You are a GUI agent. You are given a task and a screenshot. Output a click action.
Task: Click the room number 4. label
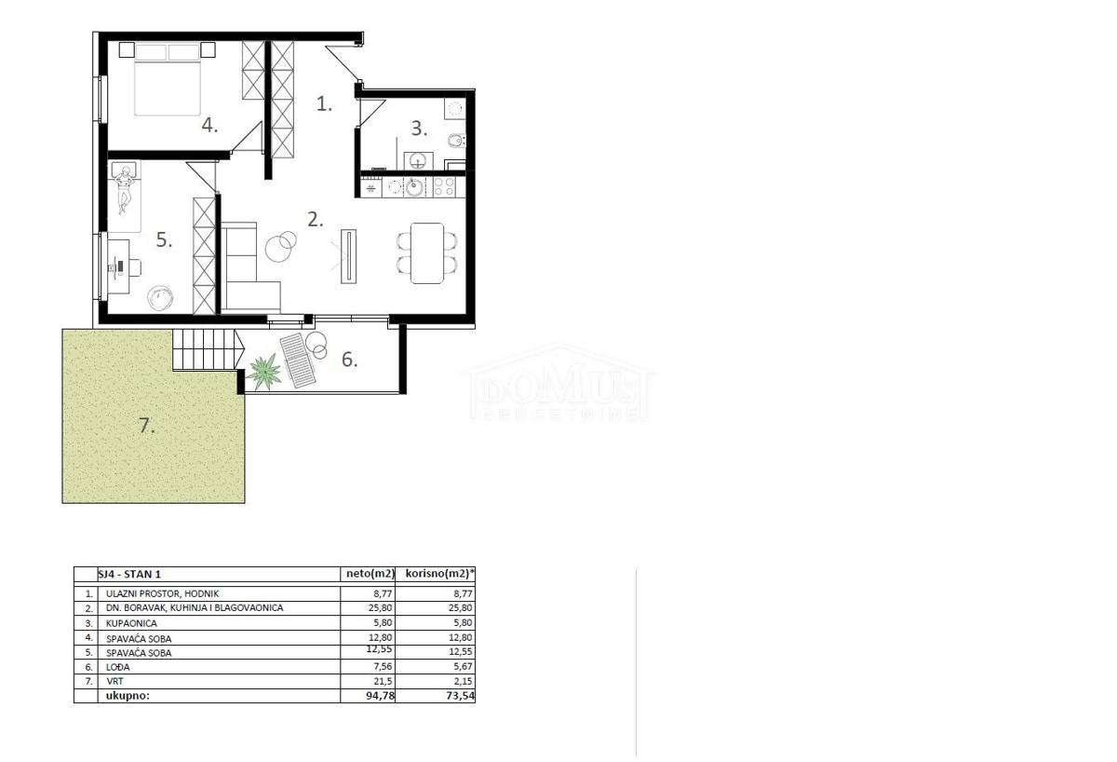coord(209,125)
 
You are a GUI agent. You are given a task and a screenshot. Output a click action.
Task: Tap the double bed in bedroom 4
coord(168,79)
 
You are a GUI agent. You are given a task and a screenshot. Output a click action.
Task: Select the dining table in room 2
coord(427,253)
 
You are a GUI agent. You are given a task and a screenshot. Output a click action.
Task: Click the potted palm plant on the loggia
coord(263,372)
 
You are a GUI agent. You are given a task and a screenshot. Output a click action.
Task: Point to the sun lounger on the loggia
coord(297,361)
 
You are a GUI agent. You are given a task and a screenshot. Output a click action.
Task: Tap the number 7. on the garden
coord(146,426)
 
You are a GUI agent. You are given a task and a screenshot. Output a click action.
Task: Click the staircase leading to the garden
coord(204,349)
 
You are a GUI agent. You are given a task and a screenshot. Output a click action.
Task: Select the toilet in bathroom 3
coord(456,142)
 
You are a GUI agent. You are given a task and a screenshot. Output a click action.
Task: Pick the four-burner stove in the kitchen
coord(444,187)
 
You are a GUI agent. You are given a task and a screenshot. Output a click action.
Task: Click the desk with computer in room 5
coord(119,266)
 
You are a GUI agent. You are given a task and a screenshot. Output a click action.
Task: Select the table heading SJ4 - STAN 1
coord(129,575)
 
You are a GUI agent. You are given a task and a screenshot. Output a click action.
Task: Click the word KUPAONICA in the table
coord(131,623)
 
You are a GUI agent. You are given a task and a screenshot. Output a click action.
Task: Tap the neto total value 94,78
coord(380,696)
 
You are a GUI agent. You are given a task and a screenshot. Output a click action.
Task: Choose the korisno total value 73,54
coord(460,696)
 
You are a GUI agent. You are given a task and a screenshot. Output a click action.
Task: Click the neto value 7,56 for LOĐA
coord(383,667)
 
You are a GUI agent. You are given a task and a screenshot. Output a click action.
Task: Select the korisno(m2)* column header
coord(439,574)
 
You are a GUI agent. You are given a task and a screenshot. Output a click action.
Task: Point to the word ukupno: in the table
coord(128,696)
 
